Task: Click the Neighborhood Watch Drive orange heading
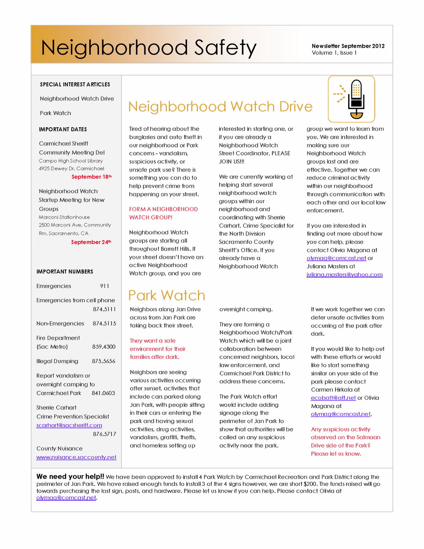pos(220,107)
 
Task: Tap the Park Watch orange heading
pos(167,295)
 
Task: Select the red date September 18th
pos(91,177)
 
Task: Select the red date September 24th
pos(91,242)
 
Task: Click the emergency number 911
pos(105,286)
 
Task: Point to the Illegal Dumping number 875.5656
pos(103,361)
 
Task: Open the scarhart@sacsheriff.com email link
pos(69,425)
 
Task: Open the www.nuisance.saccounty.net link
pos(76,457)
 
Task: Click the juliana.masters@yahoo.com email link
pos(344,275)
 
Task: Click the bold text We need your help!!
pos(70,477)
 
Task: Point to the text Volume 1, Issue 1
pos(334,53)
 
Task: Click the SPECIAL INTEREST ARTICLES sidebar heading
pos(75,84)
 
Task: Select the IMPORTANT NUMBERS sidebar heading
pos(65,272)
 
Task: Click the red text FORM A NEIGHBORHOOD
pos(163,209)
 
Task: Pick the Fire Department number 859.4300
pos(104,347)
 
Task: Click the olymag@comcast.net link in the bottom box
pos(66,498)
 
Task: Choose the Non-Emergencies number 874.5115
pos(104,324)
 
